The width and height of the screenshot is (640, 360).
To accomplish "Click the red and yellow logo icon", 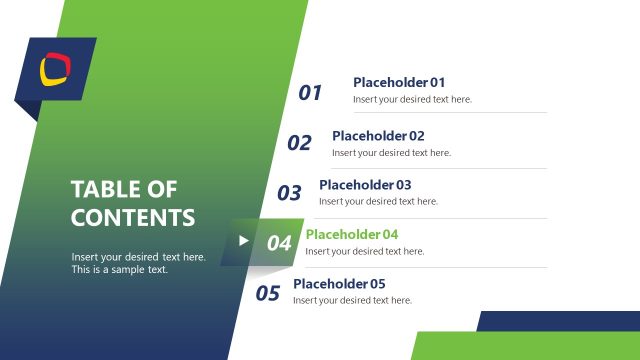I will [55, 69].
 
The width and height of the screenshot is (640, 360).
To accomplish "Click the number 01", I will [310, 93].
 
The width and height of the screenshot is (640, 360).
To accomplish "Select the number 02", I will [299, 143].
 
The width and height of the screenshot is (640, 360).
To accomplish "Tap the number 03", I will [289, 193].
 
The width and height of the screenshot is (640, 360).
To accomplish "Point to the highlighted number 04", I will [279, 243].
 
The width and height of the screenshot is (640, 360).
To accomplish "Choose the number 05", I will [267, 293].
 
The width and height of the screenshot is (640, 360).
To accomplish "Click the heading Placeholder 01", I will [399, 82].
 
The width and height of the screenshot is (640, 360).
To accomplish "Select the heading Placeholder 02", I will [378, 135].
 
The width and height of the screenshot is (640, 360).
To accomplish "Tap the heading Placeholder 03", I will [365, 185].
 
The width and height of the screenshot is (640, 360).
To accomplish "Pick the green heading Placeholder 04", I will [352, 234].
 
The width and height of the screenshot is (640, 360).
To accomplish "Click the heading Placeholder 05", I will [339, 283].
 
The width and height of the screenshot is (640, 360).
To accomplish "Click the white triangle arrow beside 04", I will [243, 240].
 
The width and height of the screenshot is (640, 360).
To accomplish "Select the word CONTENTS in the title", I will [133, 217].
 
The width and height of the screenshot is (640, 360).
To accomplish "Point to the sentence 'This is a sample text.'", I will [120, 270].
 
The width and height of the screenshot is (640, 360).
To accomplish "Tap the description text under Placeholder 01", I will [412, 99].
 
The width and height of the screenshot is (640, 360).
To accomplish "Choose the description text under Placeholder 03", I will [378, 201].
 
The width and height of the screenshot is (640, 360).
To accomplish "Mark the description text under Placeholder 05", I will [352, 300].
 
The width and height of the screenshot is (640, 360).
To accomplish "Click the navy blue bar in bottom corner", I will [560, 320].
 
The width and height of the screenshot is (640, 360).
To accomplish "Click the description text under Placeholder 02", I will [391, 153].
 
